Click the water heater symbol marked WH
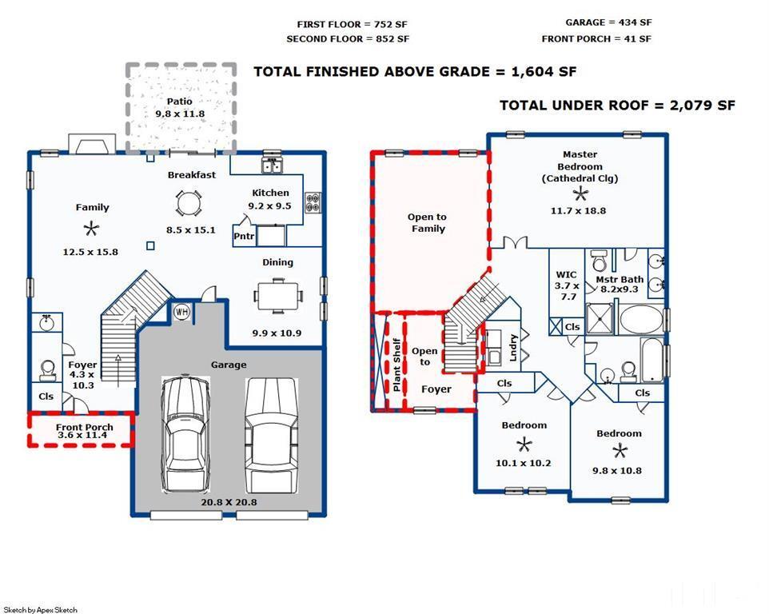182,312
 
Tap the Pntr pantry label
244,237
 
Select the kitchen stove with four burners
313,202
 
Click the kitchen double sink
272,165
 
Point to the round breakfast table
189,203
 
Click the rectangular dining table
278,296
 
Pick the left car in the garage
186,434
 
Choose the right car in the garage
271,436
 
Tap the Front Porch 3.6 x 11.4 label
84,431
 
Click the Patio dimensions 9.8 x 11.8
180,114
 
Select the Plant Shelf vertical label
396,365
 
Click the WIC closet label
566,275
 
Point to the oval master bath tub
641,319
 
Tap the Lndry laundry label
513,348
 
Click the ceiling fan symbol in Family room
91,229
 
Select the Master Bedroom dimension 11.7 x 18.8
578,211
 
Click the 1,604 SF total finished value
544,72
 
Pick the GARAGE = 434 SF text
608,22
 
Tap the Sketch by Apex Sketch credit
40,609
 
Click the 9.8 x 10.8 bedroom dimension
617,471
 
